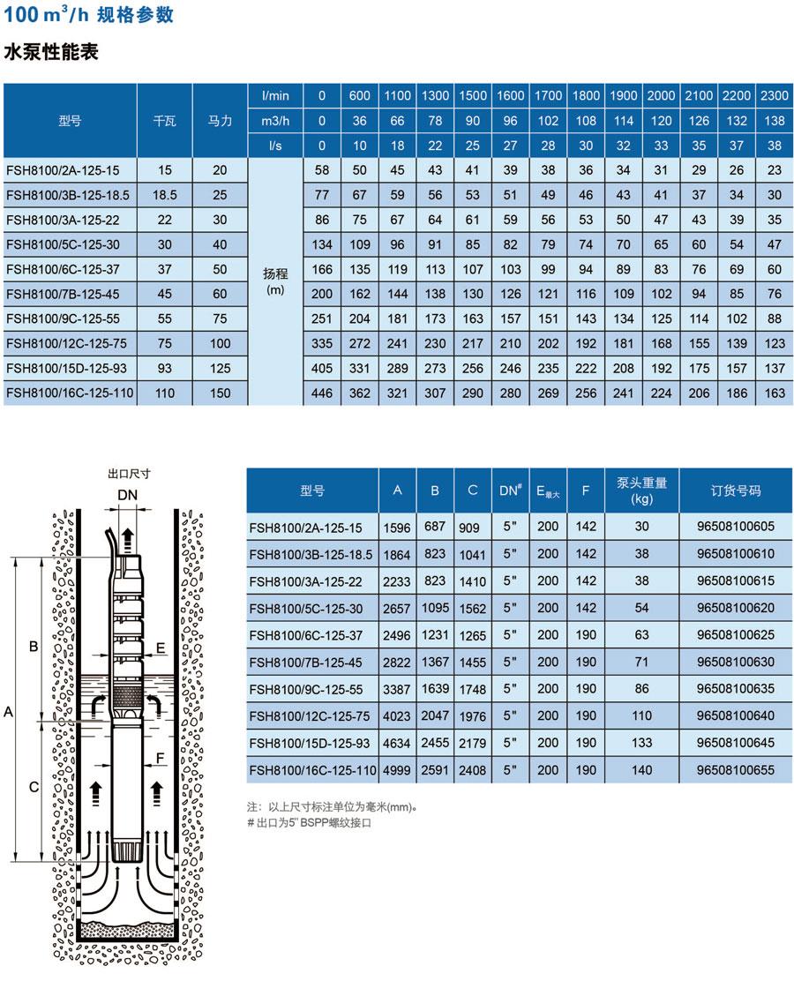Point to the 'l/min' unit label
[275, 95]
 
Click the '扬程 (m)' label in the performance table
[275, 281]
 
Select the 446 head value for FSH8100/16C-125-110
[323, 393]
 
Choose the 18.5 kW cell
[164, 194]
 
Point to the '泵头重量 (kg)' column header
[641, 490]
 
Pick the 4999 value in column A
[398, 770]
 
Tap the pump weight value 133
[641, 744]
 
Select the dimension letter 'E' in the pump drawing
[160, 648]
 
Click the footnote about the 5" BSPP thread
[310, 822]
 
